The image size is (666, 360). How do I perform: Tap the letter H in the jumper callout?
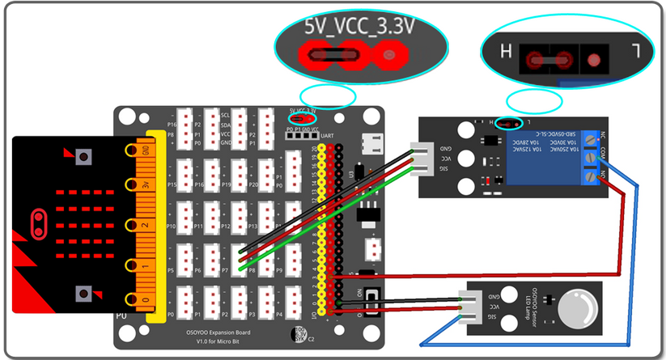coord(507,53)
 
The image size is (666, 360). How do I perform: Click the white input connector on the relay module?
coord(422,157)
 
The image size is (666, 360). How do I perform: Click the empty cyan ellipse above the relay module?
coord(534,101)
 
